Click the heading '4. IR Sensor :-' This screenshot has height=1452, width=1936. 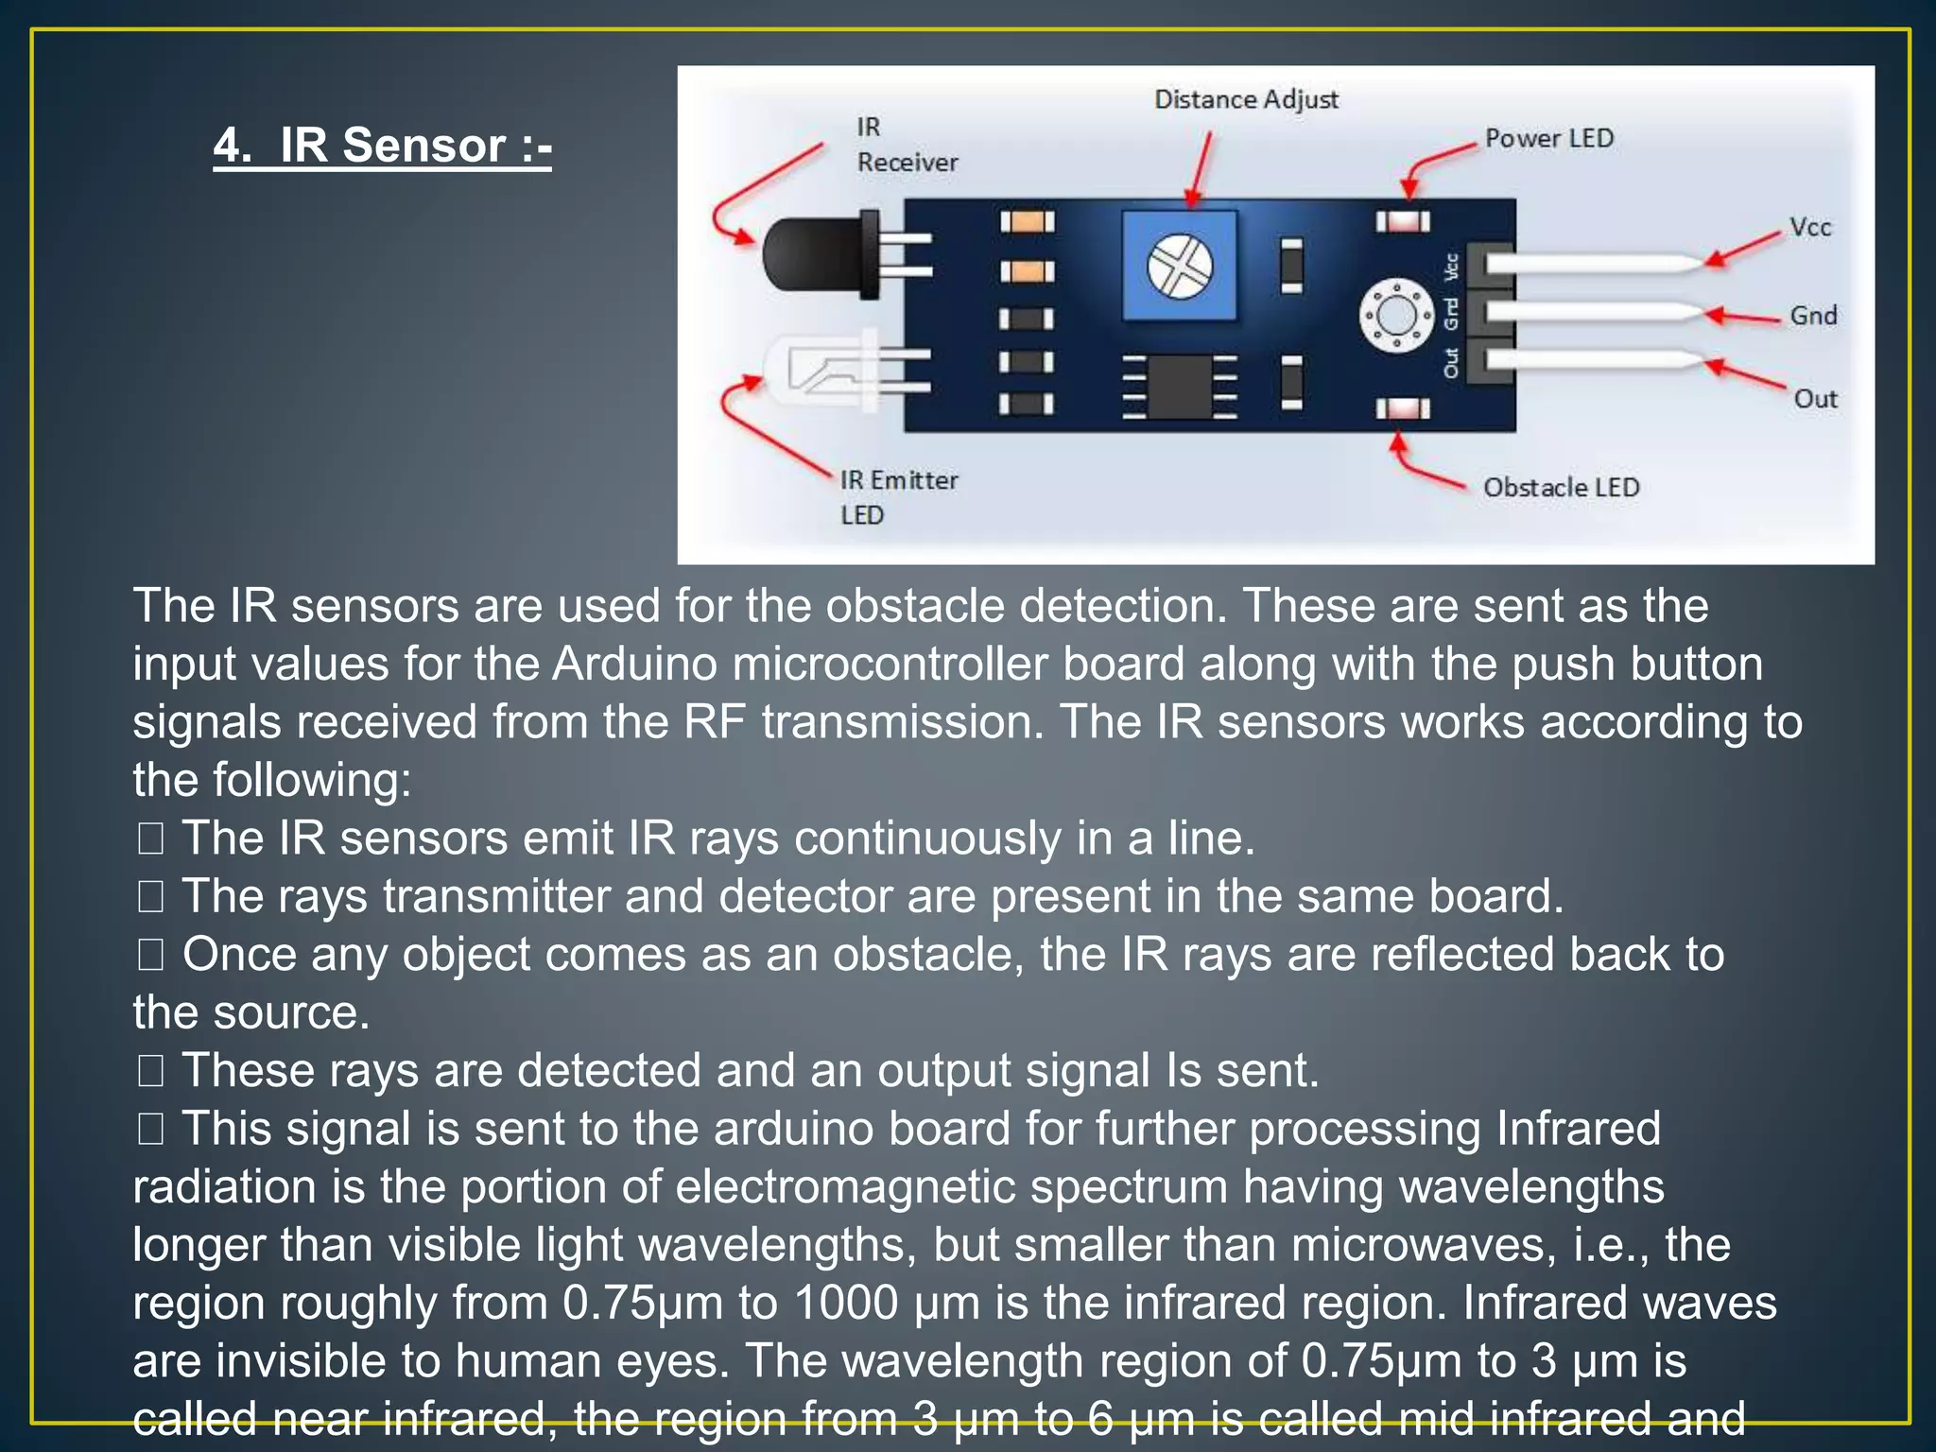(x=382, y=147)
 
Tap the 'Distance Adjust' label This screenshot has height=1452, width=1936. (x=1246, y=99)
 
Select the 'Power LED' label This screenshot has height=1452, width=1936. (x=1548, y=138)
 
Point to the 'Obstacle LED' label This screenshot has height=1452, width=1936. (x=1561, y=488)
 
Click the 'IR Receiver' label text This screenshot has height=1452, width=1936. (x=906, y=145)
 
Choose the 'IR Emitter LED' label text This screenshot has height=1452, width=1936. (x=898, y=497)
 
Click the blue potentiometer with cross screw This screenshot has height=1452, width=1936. (x=1179, y=266)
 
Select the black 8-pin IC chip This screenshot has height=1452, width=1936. (x=1179, y=386)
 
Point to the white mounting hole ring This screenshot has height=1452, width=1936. (x=1395, y=315)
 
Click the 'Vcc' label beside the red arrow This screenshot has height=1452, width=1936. (x=1809, y=228)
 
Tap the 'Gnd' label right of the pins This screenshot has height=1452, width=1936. (x=1812, y=316)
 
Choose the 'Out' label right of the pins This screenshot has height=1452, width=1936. (x=1815, y=399)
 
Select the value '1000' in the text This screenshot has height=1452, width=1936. (x=846, y=1303)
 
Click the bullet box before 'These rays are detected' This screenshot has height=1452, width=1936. (x=150, y=1071)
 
